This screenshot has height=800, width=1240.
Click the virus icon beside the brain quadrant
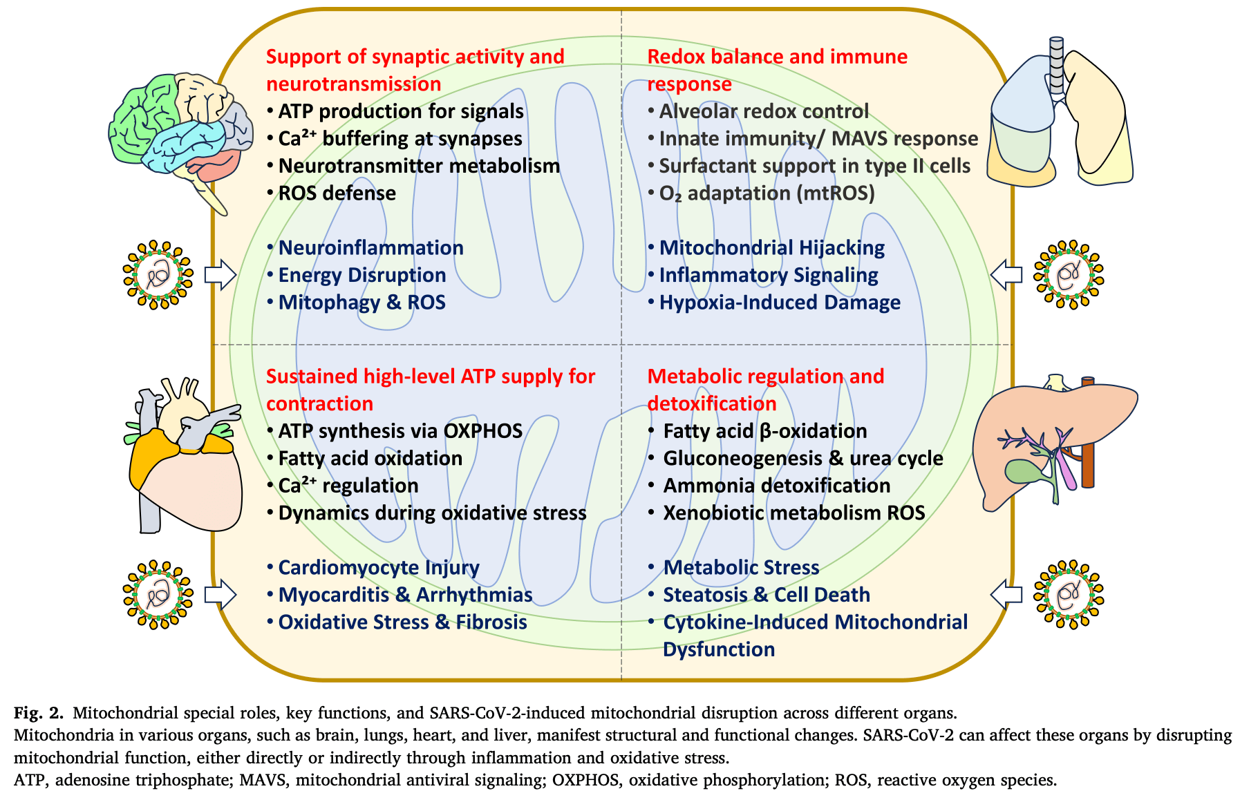[x=158, y=275]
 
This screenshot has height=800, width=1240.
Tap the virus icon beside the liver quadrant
[x=1069, y=594]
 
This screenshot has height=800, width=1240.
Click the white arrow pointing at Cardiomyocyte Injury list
[x=220, y=594]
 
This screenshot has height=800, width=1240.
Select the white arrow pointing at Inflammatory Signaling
[x=1006, y=275]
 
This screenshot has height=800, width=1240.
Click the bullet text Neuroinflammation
[x=370, y=247]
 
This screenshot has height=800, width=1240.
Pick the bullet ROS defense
[x=337, y=193]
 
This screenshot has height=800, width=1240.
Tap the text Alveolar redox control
[x=764, y=111]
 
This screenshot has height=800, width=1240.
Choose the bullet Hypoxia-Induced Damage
[x=780, y=302]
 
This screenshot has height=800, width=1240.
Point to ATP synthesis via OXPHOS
[x=400, y=430]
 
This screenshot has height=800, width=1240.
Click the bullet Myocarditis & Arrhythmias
[x=405, y=595]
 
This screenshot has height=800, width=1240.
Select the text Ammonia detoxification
[x=777, y=485]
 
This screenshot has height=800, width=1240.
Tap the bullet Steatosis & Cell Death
[x=767, y=594]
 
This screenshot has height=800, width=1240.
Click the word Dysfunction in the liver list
[x=719, y=649]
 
